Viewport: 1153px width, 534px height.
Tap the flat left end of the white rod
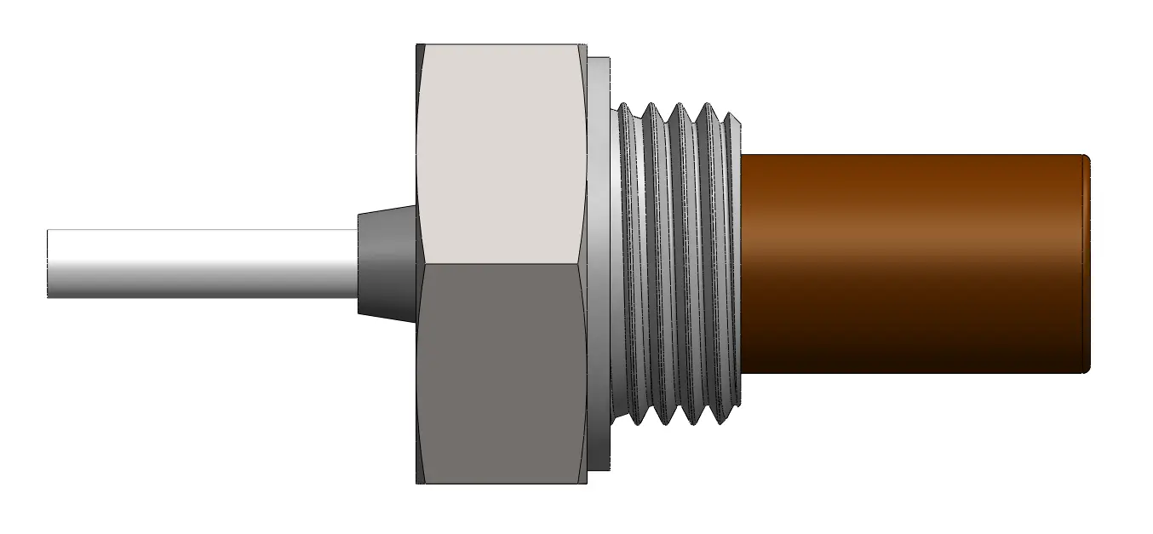coord(49,263)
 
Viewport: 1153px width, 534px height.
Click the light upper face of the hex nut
coord(502,153)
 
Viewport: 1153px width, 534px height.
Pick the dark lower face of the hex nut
coord(502,375)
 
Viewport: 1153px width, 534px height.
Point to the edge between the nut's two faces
coord(502,263)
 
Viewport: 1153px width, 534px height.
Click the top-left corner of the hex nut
coord(417,45)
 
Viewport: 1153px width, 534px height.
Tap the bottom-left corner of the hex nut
coord(417,483)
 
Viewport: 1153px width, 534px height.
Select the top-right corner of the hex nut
coord(586,45)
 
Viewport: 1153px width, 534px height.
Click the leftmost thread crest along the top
coord(627,106)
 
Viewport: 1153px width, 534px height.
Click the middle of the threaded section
coord(677,263)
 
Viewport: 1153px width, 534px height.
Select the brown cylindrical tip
coord(911,263)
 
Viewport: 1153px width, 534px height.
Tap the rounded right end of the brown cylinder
coord(1087,263)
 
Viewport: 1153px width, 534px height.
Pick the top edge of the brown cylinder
coord(911,156)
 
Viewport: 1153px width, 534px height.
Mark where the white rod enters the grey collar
coord(357,263)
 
